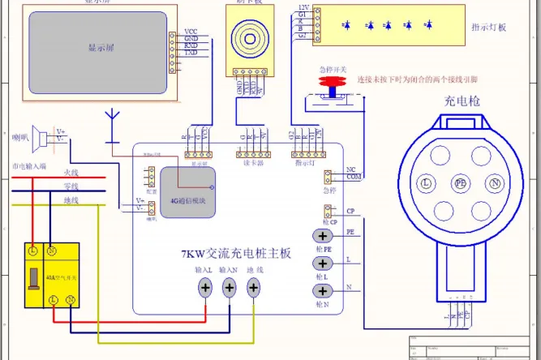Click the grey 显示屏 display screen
97,49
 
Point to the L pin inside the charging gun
424,184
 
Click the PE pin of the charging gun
461,184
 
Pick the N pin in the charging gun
496,184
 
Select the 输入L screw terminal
206,287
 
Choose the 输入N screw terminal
230,287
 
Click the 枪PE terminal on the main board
320,238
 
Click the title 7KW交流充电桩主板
235,254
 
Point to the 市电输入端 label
29,165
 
